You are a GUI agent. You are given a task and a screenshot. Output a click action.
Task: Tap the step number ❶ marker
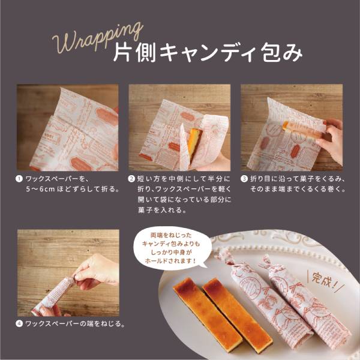(20, 179)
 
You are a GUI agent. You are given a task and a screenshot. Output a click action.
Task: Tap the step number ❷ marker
(132, 179)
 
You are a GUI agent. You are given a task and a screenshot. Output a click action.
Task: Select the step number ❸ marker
(244, 179)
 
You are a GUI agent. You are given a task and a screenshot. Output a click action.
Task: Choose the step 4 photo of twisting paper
(67, 272)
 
